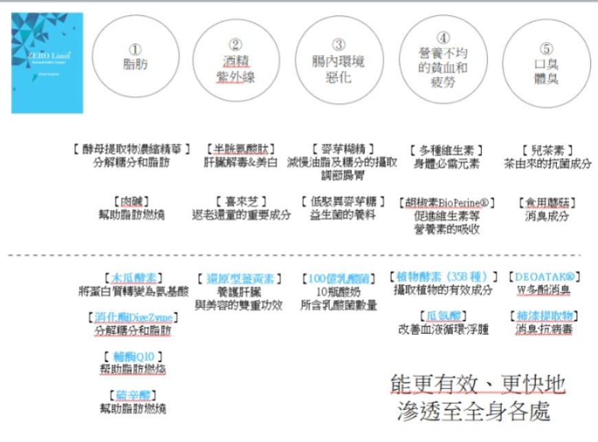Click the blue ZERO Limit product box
(x=47, y=63)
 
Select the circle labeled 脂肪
(x=135, y=58)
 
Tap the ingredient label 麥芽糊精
(x=342, y=149)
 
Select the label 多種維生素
(x=445, y=150)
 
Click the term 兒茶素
(x=547, y=149)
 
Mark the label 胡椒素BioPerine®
(x=446, y=203)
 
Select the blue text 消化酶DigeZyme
(x=133, y=317)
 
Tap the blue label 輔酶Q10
(x=133, y=356)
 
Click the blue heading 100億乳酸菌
(x=338, y=278)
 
